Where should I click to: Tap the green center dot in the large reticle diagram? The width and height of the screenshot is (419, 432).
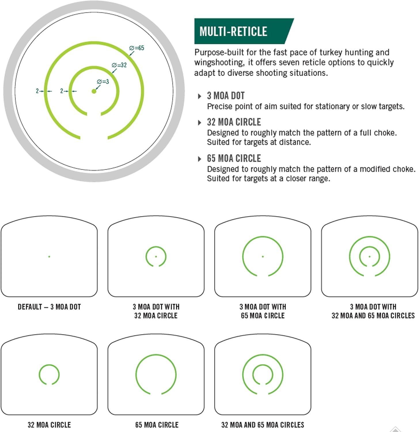(x=94, y=91)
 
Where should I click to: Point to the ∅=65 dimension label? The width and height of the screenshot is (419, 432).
(x=137, y=48)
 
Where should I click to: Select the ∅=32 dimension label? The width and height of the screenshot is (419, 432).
(x=119, y=65)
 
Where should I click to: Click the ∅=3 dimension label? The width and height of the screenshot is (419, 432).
(x=103, y=82)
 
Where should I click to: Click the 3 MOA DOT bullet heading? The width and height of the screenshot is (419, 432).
(x=226, y=96)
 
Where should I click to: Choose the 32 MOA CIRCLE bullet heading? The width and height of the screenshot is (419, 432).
(x=234, y=122)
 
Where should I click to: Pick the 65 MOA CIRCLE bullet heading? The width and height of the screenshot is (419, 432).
(x=234, y=158)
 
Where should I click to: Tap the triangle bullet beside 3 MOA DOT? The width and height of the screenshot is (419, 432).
(x=200, y=96)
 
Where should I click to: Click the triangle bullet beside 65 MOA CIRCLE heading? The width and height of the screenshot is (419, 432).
(x=200, y=159)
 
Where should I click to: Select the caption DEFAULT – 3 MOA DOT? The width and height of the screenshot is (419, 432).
(x=49, y=307)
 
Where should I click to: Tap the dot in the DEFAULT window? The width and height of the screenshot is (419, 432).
(x=49, y=256)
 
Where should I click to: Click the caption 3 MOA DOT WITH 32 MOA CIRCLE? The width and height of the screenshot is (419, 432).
(x=156, y=311)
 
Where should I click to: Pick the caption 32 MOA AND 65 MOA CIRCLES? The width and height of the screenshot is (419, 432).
(x=263, y=425)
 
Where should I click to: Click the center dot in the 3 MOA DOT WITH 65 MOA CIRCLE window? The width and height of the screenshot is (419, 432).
(x=263, y=256)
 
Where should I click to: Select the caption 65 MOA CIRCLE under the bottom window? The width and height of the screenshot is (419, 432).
(x=157, y=425)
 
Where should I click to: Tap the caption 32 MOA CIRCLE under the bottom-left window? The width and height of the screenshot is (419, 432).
(x=49, y=425)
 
